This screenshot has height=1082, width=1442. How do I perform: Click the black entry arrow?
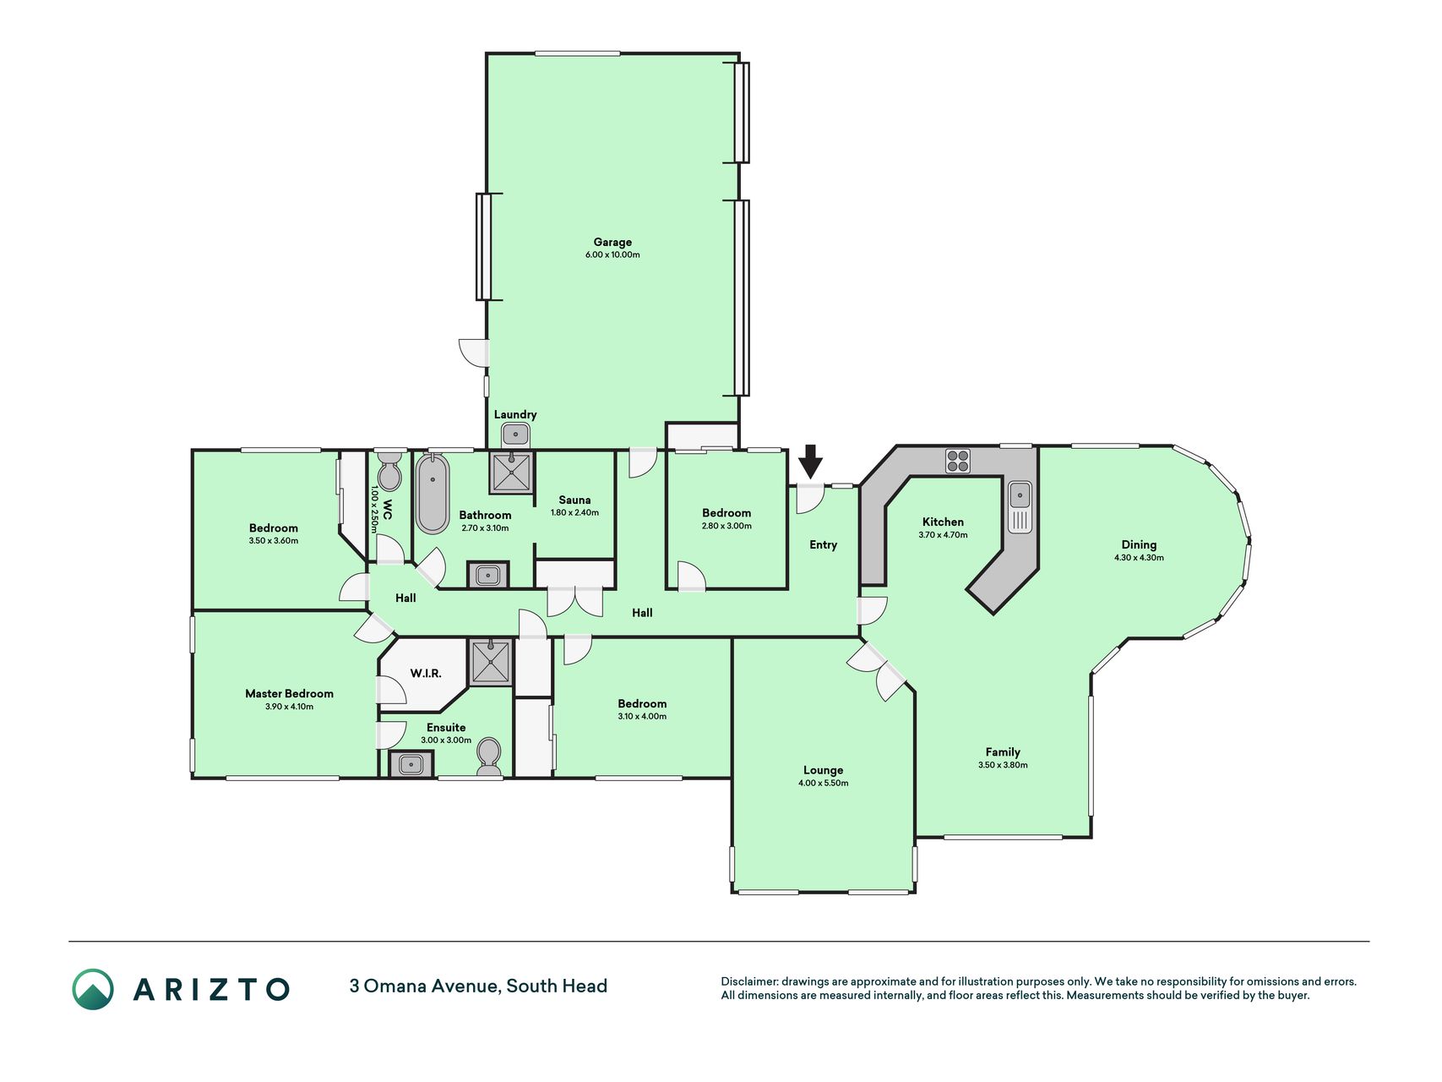click(x=810, y=462)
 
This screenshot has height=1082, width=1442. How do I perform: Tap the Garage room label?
click(x=612, y=242)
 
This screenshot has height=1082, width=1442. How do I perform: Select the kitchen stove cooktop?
click(x=957, y=461)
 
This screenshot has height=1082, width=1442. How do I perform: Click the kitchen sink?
click(x=1020, y=506)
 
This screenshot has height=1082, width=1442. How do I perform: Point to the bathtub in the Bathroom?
click(x=433, y=494)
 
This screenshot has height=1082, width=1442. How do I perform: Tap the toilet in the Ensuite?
click(x=489, y=757)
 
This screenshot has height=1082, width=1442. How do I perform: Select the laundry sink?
click(x=515, y=434)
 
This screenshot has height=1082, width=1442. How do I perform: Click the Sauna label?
click(x=574, y=500)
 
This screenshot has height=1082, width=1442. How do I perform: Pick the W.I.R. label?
click(x=426, y=673)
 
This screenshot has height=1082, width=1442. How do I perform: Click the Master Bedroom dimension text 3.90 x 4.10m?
click(x=289, y=707)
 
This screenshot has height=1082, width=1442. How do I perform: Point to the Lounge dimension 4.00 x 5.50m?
click(x=824, y=783)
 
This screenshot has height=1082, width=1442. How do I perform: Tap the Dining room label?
click(x=1139, y=545)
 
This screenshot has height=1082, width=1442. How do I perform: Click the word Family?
click(x=1003, y=751)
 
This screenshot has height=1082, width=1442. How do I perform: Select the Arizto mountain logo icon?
click(x=93, y=989)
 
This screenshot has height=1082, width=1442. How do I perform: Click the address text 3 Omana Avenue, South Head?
click(x=478, y=986)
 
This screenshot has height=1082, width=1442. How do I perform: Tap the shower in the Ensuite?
click(x=490, y=663)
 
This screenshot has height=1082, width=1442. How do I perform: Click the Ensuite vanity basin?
click(x=411, y=765)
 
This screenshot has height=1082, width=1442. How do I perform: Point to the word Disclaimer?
click(x=749, y=981)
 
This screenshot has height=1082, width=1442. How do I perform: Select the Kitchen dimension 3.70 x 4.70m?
click(x=943, y=534)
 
